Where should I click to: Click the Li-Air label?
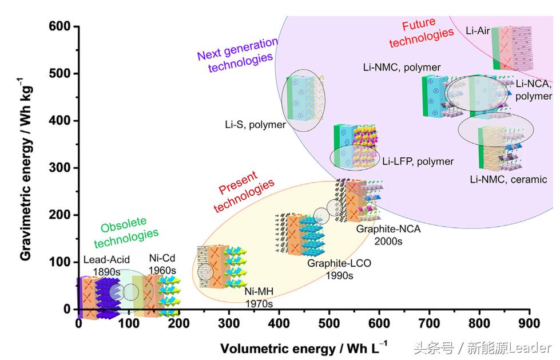[x=478, y=30]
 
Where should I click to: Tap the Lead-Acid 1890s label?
[x=106, y=264]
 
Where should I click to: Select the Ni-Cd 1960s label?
[x=162, y=264]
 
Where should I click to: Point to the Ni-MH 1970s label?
[x=259, y=298]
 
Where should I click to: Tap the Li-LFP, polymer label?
[x=418, y=161]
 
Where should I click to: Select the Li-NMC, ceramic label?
[x=509, y=180]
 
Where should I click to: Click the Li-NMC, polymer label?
[x=402, y=68]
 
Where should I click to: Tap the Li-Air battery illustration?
[x=512, y=48]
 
